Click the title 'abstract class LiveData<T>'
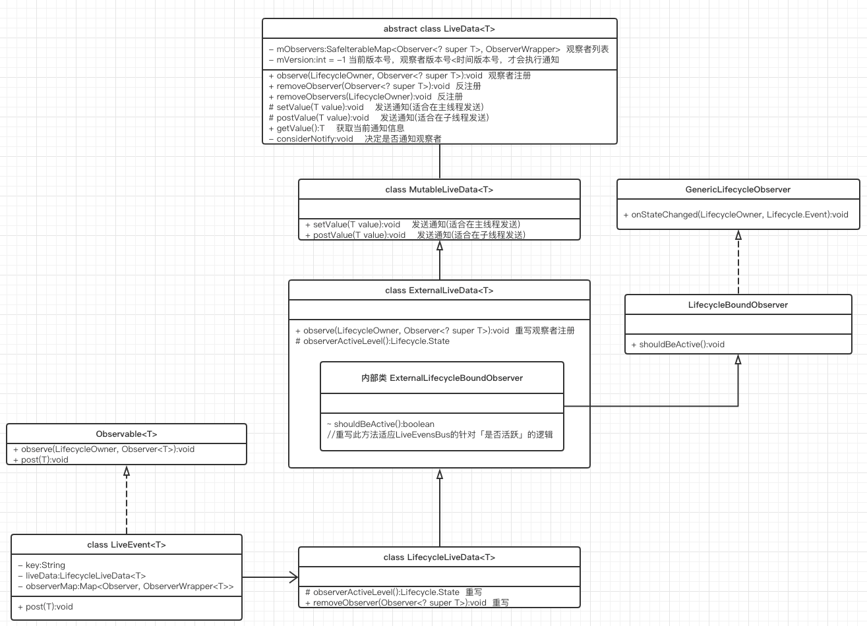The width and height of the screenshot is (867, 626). click(439, 29)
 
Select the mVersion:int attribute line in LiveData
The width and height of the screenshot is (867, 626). click(413, 59)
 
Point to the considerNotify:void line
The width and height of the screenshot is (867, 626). click(355, 138)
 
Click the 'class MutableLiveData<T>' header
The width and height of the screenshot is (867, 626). click(439, 189)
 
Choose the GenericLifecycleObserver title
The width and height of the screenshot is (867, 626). click(738, 189)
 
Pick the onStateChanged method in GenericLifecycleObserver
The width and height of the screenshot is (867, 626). click(736, 214)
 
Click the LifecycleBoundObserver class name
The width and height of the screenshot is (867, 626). click(738, 304)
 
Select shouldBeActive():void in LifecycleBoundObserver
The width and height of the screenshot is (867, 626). click(678, 344)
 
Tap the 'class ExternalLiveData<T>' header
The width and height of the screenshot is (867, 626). click(439, 290)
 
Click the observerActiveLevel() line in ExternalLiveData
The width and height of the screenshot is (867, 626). click(373, 341)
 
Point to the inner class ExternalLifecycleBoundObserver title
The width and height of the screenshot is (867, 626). click(442, 378)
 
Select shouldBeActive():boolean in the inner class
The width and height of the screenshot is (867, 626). click(380, 424)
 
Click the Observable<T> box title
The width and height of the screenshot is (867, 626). click(127, 434)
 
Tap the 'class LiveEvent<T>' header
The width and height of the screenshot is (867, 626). click(127, 544)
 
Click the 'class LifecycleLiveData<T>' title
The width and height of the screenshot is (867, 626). click(439, 557)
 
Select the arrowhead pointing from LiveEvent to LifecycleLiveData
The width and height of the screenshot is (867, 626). click(293, 577)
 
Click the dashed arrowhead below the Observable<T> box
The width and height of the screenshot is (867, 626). click(127, 470)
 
